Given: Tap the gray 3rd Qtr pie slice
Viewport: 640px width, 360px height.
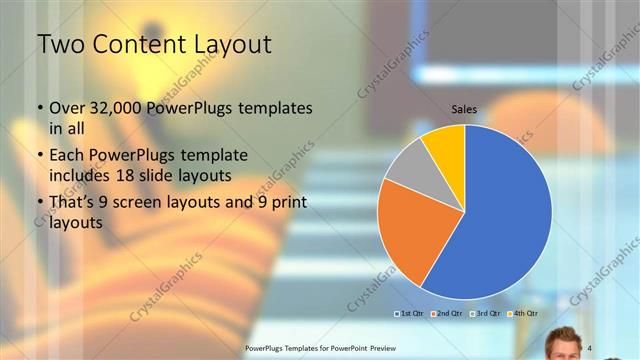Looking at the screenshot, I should click(409, 164).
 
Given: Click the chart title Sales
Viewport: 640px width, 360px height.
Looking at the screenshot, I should click(464, 109).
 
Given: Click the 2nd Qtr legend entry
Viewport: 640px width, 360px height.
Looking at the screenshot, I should click(446, 314).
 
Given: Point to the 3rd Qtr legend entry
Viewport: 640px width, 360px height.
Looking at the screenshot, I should click(483, 314).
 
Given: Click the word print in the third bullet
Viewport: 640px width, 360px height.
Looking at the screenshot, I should click(288, 203).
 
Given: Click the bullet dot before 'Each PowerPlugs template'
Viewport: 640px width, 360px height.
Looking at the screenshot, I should click(39, 156).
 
